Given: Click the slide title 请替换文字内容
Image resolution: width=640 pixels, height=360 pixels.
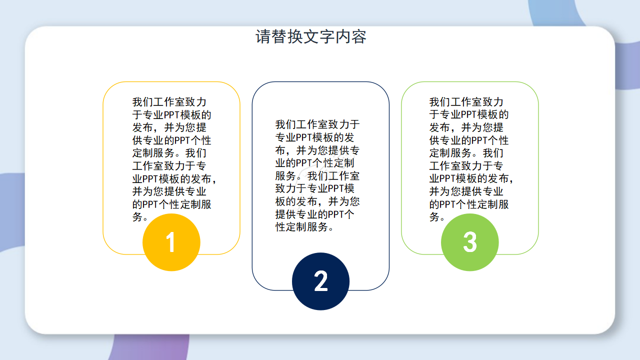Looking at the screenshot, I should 311,37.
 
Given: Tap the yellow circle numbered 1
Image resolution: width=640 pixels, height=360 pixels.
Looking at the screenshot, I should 171,242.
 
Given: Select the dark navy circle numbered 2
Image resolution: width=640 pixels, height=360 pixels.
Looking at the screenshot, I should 320,281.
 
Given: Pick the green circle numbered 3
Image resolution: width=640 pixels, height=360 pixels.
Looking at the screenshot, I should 469,242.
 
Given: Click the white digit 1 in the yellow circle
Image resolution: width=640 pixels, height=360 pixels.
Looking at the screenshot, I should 171,243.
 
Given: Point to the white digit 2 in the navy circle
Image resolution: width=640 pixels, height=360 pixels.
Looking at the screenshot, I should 320,281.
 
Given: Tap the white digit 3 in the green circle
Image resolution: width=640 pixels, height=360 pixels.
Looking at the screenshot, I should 469,242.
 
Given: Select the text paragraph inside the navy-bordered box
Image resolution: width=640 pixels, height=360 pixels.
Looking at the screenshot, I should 317,175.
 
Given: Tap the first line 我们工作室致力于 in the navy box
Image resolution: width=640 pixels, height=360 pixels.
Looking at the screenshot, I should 317,124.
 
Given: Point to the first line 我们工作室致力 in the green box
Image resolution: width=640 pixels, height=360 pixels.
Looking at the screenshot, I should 466,102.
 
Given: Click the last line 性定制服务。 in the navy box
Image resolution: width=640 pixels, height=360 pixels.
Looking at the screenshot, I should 304,227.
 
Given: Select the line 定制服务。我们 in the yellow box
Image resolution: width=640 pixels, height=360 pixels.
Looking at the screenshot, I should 169,153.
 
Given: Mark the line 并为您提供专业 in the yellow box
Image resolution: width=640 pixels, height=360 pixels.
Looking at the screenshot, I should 169,191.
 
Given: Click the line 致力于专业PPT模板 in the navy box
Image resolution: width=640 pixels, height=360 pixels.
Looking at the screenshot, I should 315,188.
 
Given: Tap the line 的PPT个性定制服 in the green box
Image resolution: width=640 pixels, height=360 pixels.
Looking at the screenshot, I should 469,204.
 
